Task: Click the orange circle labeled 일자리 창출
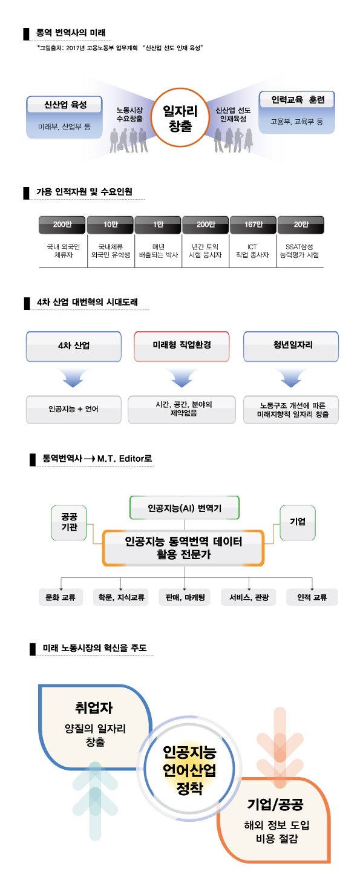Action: coord(180,118)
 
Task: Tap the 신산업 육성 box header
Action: coord(65,105)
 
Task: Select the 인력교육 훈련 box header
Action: coord(297,100)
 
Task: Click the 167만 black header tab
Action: coord(253,225)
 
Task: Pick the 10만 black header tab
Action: coord(110,225)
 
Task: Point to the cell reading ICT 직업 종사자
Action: coord(252,251)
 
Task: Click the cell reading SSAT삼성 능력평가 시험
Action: coord(299,251)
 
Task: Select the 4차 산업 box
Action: coord(74,346)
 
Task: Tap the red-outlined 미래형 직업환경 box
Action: coord(182,346)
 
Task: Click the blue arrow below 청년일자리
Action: coord(291,378)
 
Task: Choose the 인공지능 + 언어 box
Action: coord(74,409)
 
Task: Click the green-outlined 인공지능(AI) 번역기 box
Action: coord(185,508)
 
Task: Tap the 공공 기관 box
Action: coord(69,523)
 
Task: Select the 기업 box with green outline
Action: coord(298,523)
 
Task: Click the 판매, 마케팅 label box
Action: coord(185,597)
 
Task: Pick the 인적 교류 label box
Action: coord(312,597)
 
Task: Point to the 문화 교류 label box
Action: coord(61,597)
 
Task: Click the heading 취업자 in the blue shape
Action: coord(94,707)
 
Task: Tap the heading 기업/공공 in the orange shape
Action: coord(275,805)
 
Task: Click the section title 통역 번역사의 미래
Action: coord(71,33)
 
